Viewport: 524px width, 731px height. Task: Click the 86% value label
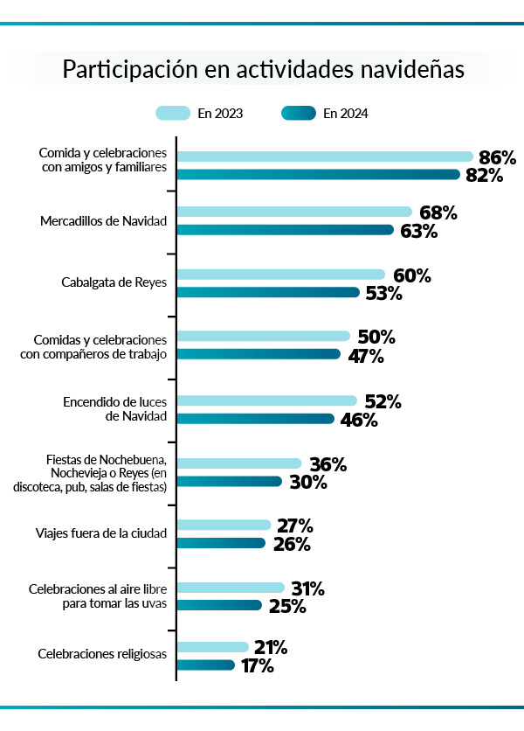(x=497, y=157)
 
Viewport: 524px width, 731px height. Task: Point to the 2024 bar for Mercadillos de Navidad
(x=286, y=230)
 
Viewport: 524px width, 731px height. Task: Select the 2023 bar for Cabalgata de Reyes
(x=280, y=275)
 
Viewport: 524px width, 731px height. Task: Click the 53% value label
(x=383, y=293)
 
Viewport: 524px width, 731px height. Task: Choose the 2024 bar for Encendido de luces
(x=256, y=419)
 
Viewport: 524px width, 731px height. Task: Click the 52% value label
(x=383, y=401)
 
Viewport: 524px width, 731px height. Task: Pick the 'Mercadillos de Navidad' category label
(x=103, y=221)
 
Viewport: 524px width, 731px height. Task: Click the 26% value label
(x=291, y=544)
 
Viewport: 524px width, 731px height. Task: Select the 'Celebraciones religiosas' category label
(x=102, y=654)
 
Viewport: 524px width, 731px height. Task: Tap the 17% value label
(x=258, y=666)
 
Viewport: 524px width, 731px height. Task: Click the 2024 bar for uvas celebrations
(x=219, y=605)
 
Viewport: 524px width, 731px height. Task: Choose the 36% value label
(x=327, y=464)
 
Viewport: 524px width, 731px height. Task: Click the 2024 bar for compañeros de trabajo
(x=259, y=354)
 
